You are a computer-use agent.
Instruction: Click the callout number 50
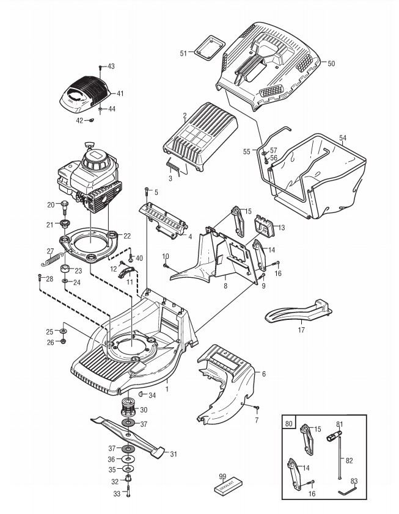tap(331, 63)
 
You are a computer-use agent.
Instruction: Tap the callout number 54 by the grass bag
tap(343, 139)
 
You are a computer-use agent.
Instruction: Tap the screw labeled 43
tap(101, 67)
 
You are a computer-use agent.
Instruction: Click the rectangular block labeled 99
tap(227, 486)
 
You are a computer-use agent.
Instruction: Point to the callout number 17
tap(301, 329)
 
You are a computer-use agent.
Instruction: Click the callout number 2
tap(185, 114)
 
